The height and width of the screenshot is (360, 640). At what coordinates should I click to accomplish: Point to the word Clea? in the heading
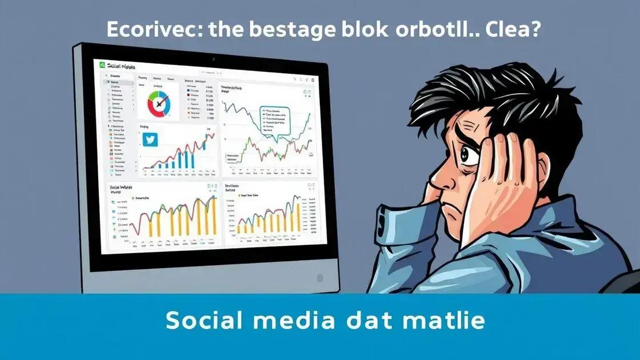tap(505, 30)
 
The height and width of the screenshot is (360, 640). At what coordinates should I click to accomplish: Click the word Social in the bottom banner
tap(202, 321)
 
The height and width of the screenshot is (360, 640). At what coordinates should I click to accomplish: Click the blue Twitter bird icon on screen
tap(150, 139)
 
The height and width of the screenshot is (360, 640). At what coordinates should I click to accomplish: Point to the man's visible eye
tap(469, 154)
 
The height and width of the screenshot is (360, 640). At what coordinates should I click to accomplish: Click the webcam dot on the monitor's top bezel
tap(213, 59)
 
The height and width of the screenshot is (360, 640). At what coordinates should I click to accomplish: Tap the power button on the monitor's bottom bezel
tap(319, 278)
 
